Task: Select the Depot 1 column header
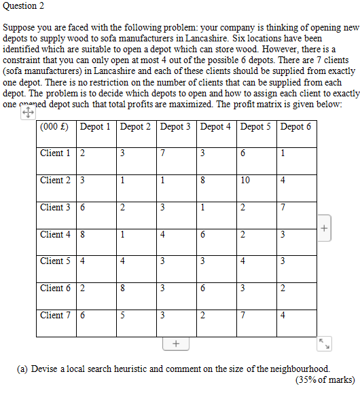point(95,126)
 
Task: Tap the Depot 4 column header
point(215,126)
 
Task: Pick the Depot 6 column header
point(295,126)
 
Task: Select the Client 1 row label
point(55,153)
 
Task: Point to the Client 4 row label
point(55,234)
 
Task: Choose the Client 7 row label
point(55,315)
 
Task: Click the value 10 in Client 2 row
point(246,181)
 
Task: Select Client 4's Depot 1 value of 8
point(82,235)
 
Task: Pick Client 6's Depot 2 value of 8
point(122,288)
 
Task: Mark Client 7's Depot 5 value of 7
point(242,316)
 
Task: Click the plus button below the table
point(175,344)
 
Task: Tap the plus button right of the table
point(325,228)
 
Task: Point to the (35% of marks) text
point(324,380)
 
